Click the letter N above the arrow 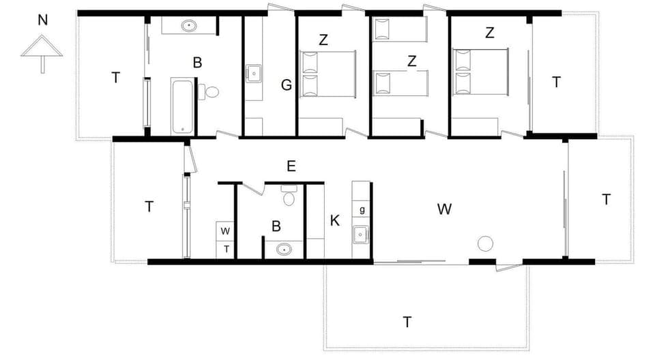[42, 20]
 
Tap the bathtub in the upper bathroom [183, 106]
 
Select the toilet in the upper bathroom [211, 92]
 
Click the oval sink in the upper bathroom [189, 26]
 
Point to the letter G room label [287, 85]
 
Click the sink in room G [253, 72]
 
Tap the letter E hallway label [291, 166]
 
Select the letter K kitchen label [334, 220]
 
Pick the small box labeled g [362, 209]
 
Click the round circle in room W [485, 243]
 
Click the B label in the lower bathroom [276, 226]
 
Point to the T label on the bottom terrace [407, 322]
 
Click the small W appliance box [225, 230]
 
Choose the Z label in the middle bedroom [411, 61]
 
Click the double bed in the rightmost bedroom [481, 72]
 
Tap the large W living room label [444, 209]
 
